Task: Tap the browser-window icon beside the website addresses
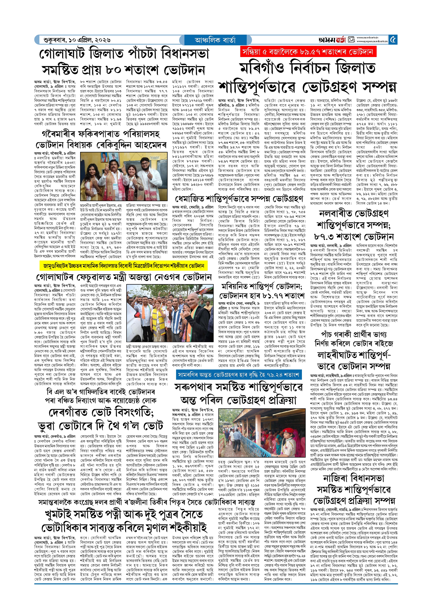tap(351, 40)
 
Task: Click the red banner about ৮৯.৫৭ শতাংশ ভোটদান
tap(308, 52)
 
